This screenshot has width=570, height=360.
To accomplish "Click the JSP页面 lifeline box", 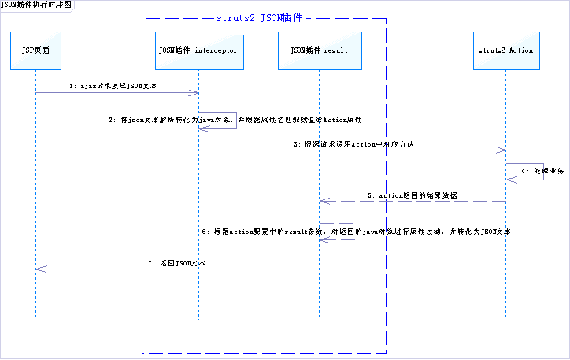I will (x=35, y=50).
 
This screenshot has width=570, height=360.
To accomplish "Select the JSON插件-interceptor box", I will (x=198, y=50).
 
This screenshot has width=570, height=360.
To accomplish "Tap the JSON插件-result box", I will (x=319, y=50).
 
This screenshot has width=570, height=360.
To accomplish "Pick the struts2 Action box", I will (x=505, y=50).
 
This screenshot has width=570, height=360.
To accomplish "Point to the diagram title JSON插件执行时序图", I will (x=36, y=5).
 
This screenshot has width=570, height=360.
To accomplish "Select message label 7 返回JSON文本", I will (x=176, y=262).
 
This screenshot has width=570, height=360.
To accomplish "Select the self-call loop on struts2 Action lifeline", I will (x=531, y=173).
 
